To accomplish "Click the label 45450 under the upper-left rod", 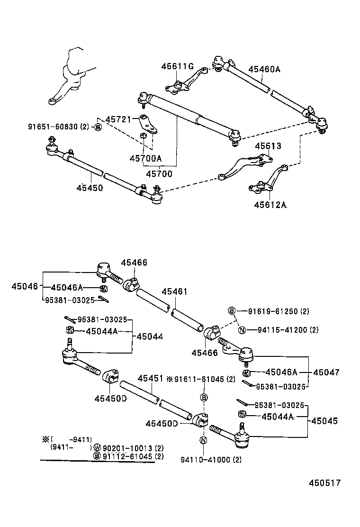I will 90,188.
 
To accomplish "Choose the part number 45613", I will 268,146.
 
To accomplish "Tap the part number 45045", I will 325,420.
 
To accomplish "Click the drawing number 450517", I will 325,483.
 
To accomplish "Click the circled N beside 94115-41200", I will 241,330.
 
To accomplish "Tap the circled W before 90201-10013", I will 97,448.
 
